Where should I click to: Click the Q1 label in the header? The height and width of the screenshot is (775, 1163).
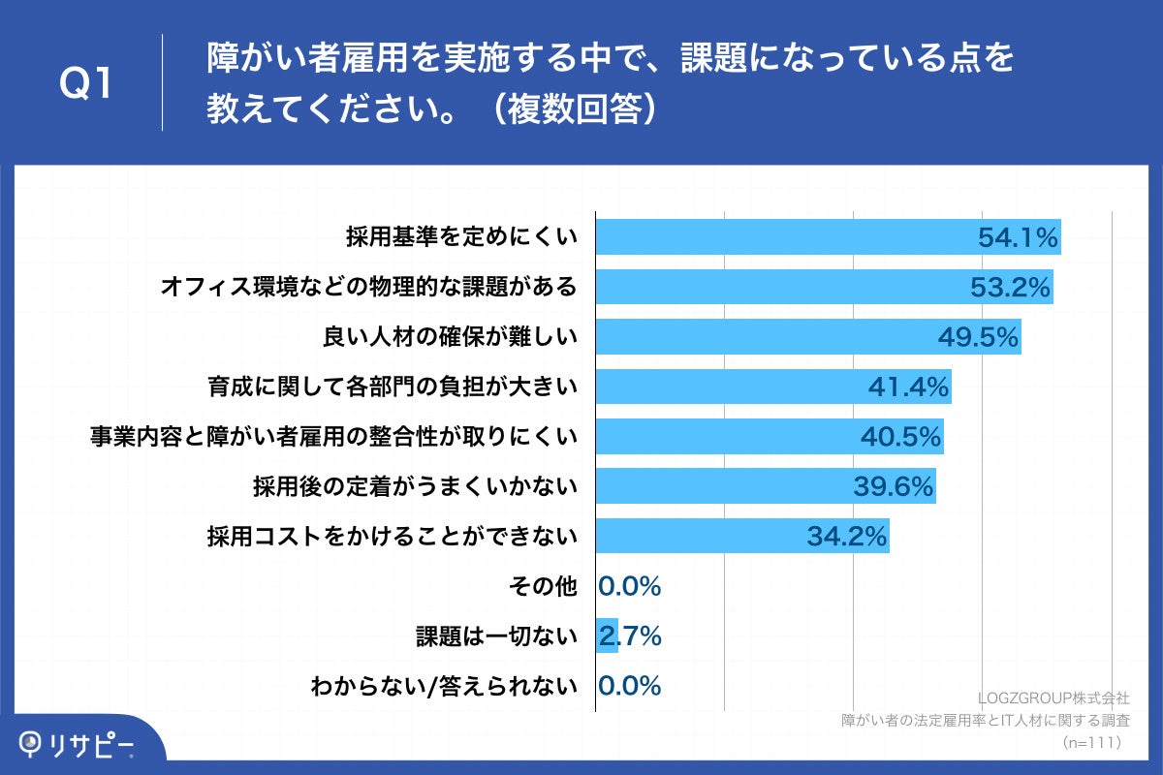[x=86, y=85]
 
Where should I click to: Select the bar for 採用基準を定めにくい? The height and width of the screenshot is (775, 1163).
[x=775, y=237]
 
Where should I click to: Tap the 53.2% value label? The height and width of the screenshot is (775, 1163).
[x=1010, y=288]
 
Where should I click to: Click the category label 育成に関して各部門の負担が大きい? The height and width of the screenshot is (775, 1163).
[x=393, y=387]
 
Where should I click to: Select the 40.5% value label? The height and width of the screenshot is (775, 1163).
[x=901, y=437]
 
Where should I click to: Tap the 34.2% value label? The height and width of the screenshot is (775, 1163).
[x=847, y=537]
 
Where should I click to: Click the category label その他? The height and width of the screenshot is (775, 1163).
[x=543, y=586]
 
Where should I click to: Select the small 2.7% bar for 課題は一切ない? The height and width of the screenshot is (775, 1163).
[x=607, y=635]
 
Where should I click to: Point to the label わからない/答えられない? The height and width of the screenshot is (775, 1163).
[x=444, y=686]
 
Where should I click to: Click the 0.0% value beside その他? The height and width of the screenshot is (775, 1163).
[x=630, y=586]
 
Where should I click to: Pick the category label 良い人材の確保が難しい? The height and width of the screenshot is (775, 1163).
[x=450, y=337]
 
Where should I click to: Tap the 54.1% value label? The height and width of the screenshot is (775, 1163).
[x=1017, y=237]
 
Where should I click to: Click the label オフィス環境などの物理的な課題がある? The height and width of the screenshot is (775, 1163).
[x=368, y=288]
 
